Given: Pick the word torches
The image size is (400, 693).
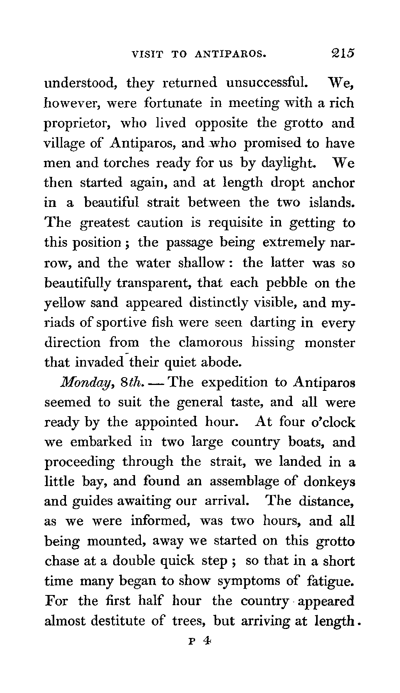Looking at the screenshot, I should click(x=126, y=162).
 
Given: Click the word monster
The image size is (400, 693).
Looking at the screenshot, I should click(x=330, y=343).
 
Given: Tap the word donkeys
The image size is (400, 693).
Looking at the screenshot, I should click(x=329, y=481).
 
